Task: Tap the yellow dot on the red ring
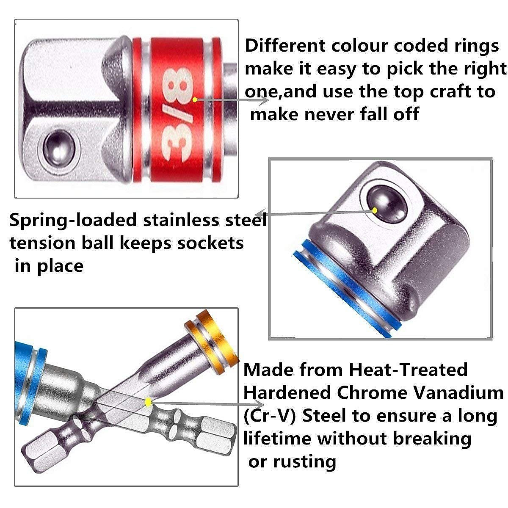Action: (195, 100)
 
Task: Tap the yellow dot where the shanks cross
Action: (148, 402)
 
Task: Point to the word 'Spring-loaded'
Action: (73, 220)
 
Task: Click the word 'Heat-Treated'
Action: (408, 370)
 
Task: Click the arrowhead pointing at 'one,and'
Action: (265, 100)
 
